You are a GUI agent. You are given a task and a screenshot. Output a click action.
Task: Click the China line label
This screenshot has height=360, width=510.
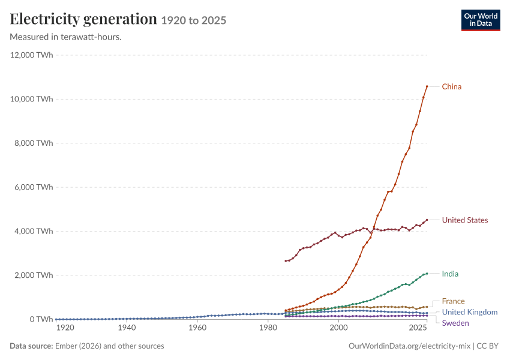pos(451,86)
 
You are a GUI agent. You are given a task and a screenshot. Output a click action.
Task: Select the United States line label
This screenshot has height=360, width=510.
pos(465,220)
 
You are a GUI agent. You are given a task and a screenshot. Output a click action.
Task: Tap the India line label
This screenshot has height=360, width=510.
pos(450,274)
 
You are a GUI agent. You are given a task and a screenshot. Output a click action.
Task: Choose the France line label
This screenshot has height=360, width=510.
pos(453,301)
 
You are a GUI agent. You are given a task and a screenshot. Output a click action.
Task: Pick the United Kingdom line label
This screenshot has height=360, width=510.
pos(470,312)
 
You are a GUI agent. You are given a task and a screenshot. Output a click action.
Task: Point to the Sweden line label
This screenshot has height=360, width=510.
pos(455,323)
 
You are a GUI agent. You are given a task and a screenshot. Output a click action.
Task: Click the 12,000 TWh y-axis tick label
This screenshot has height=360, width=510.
pos(32,55)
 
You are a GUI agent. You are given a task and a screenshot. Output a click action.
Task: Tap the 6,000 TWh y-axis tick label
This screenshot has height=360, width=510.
pos(34,187)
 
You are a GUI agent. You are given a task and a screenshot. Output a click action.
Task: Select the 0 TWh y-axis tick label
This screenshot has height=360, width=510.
pos(41,319)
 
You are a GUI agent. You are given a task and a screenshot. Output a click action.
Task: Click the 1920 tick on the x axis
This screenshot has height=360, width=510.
pos(65,328)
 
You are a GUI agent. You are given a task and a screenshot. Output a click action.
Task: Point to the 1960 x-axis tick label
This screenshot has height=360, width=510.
pos(197,328)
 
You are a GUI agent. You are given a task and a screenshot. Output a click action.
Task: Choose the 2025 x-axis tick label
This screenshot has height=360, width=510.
pos(418,328)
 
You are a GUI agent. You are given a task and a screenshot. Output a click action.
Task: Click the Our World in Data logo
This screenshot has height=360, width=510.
pos(481,20)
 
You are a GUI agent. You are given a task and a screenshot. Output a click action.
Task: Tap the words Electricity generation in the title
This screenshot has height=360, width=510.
pos(83,19)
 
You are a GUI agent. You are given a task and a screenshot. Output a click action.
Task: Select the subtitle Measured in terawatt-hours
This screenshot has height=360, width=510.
pos(66,37)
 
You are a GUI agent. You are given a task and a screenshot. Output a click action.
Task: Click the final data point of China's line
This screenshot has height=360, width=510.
pos(427,86)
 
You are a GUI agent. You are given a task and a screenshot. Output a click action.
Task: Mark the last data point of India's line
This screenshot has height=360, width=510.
pos(427,274)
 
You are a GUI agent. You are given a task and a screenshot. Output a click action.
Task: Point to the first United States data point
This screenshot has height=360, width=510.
pos(286,261)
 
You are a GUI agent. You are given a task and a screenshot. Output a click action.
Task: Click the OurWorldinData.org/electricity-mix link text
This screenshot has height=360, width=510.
pos(409,346)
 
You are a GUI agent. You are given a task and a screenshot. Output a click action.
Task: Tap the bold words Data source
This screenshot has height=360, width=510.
pos(31,346)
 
